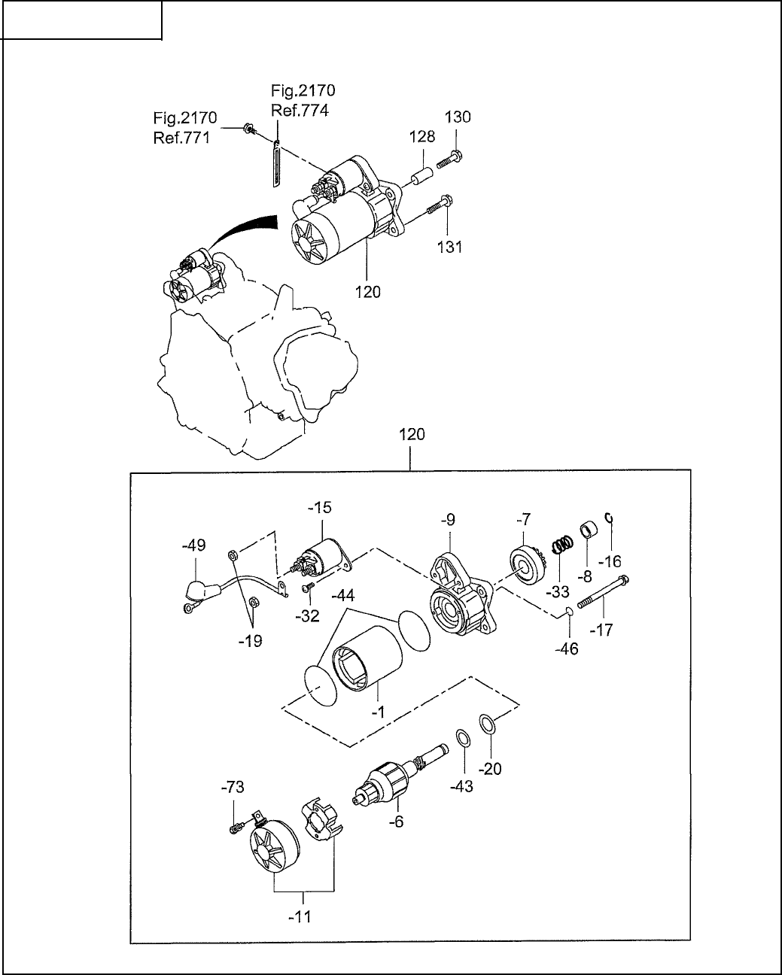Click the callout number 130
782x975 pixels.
(458, 117)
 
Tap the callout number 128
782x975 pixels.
(422, 136)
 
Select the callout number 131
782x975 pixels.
(450, 248)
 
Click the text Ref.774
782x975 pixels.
(300, 111)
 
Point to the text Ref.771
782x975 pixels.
(182, 138)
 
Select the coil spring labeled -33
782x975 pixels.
(562, 544)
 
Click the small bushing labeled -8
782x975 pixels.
(589, 531)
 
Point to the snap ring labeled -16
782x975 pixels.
(610, 517)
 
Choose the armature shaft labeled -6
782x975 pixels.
(400, 775)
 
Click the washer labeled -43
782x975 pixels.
(462, 740)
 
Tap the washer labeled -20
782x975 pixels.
(487, 724)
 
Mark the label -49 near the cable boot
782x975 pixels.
(193, 545)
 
